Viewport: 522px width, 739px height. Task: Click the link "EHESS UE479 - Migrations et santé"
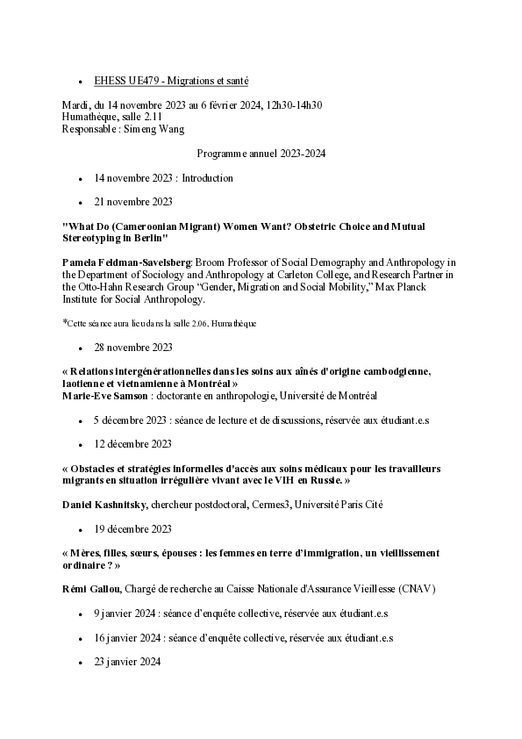click(x=171, y=81)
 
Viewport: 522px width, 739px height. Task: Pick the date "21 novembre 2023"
click(x=133, y=202)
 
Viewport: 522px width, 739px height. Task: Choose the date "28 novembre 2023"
click(x=133, y=347)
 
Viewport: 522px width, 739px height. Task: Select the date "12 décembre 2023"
click(x=133, y=443)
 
